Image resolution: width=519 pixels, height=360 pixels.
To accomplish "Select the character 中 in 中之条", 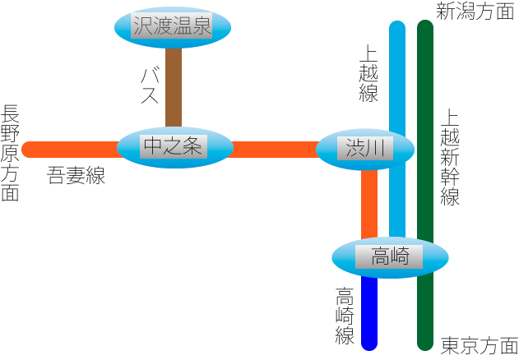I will pos(153,147).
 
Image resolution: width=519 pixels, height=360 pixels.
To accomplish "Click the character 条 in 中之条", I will pos(192,147).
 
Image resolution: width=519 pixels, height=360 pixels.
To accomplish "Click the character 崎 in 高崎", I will pos(401,257).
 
